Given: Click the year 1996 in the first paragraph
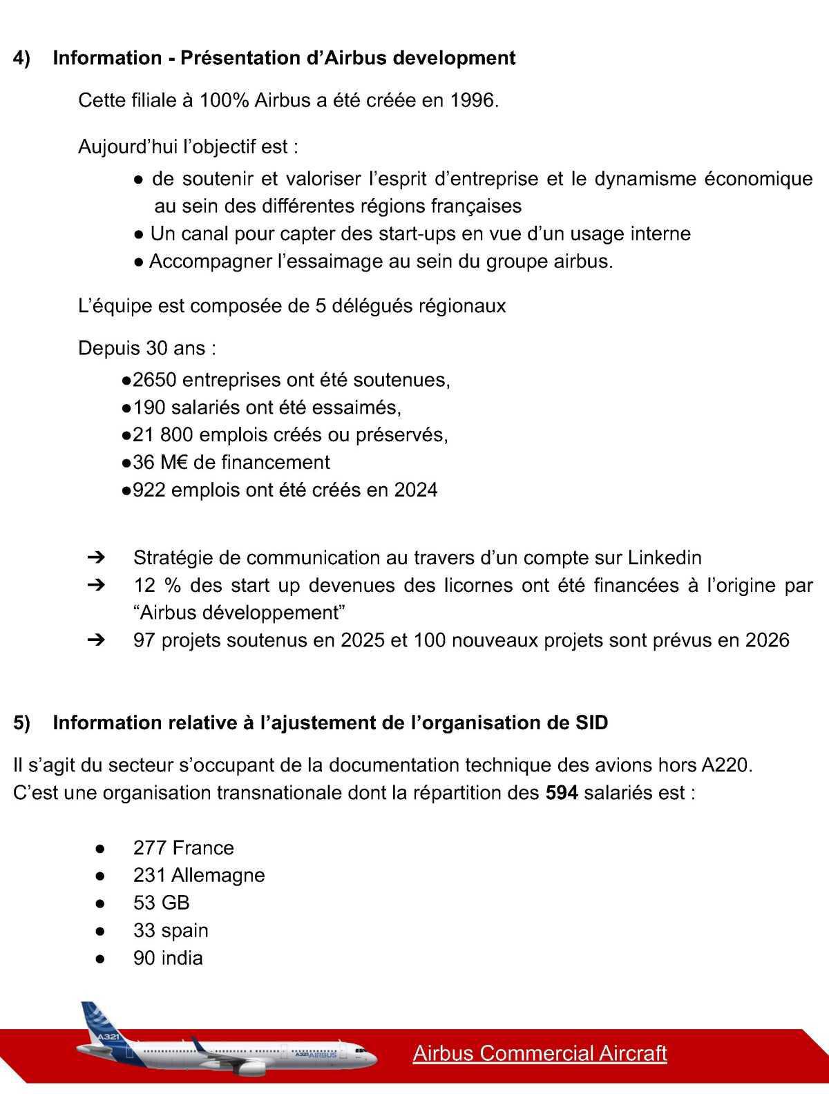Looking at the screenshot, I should (473, 101).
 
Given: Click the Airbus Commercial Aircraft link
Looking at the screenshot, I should (540, 1053).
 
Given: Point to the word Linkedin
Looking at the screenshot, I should (664, 558).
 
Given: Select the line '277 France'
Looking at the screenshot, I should (183, 848).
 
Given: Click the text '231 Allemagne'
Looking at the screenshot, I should (199, 876).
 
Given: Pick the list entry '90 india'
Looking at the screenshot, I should (168, 959).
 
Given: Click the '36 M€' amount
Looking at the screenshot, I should (155, 463).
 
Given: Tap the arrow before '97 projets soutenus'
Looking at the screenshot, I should (96, 640).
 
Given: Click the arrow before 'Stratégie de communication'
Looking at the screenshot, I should (96, 557).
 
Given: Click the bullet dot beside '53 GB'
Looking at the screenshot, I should (101, 903).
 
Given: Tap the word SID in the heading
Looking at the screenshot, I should (591, 723).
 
